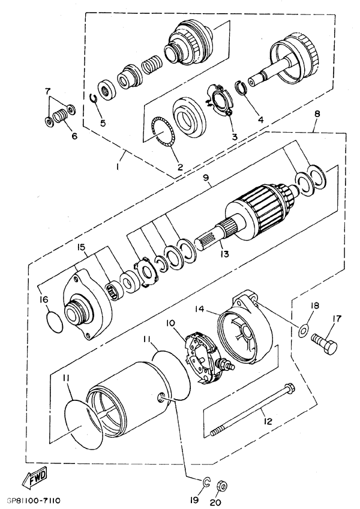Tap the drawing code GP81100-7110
click(x=33, y=501)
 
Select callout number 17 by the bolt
click(x=337, y=319)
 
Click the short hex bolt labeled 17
click(x=325, y=343)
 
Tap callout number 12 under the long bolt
click(x=268, y=421)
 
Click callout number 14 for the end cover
click(x=200, y=309)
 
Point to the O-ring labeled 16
click(x=55, y=322)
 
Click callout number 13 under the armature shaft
click(x=224, y=253)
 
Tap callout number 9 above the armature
click(x=206, y=178)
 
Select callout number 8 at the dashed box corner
click(x=317, y=113)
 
